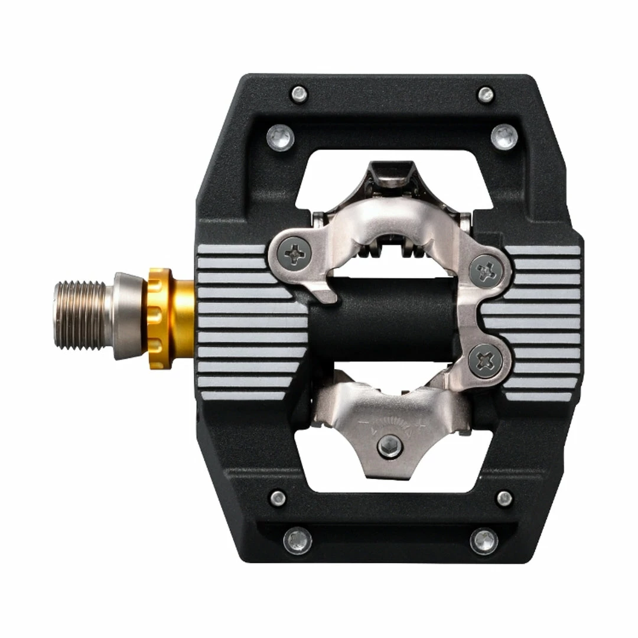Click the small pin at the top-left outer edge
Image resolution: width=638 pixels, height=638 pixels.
[300, 93]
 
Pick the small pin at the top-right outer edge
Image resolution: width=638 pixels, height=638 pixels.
[486, 93]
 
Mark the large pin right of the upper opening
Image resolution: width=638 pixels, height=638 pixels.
[504, 136]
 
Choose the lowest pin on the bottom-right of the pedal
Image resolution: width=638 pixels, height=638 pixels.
[484, 540]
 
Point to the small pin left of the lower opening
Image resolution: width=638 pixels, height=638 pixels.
[278, 498]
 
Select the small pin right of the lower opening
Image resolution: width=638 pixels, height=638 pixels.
[504, 498]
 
